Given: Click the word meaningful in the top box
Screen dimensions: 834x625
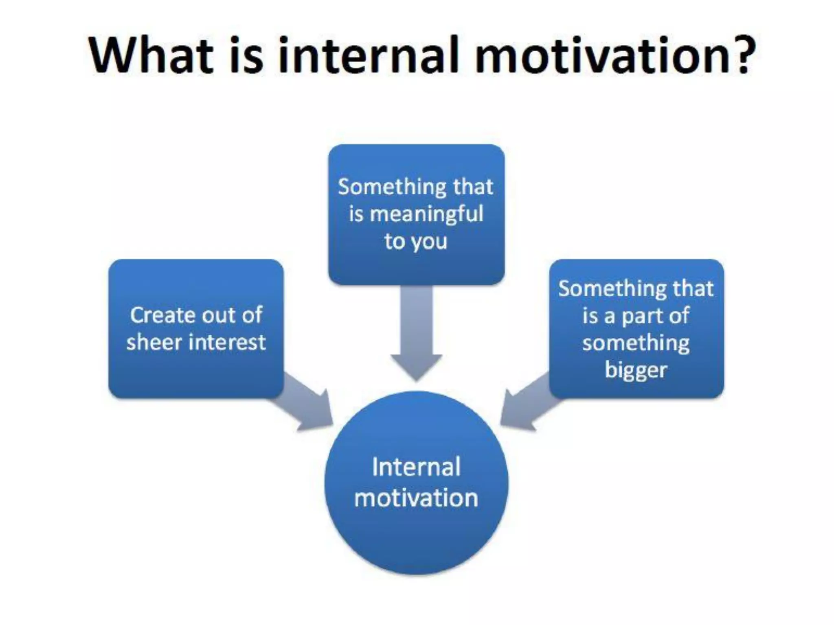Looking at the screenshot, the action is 426,214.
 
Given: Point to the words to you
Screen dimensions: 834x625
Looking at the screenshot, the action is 416,241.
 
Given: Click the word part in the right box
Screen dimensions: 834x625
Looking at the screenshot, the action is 643,316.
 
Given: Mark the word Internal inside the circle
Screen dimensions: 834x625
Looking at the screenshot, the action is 416,467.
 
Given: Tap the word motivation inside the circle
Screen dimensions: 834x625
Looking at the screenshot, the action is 416,498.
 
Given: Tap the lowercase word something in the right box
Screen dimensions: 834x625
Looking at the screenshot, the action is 636,343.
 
